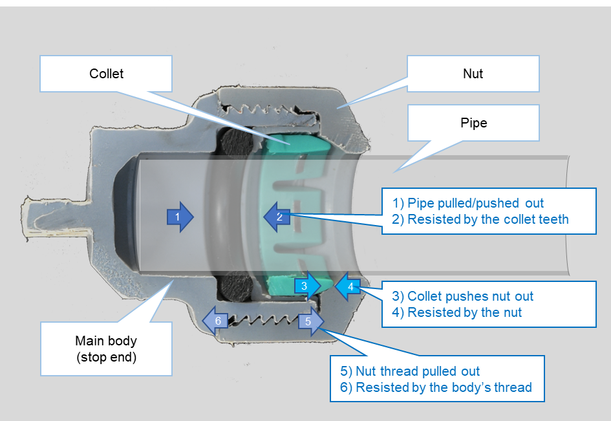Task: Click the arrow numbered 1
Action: coord(180,217)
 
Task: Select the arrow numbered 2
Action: coord(276,217)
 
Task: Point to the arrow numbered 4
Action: coord(348,286)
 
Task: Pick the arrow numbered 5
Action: coord(311,321)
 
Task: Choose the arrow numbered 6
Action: coord(215,321)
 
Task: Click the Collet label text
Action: coord(107,74)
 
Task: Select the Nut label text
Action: coord(473,74)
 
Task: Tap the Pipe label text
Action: coord(474,123)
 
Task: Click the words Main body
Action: coord(106,341)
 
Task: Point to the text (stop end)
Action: coord(106,356)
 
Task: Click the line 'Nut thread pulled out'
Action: coord(410,371)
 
